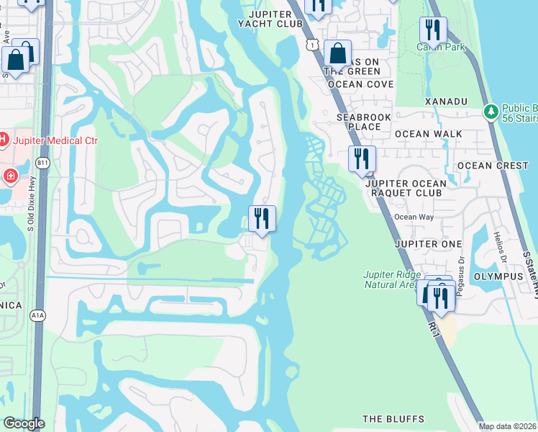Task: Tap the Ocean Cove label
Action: click(360, 84)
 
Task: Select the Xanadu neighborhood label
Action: click(446, 102)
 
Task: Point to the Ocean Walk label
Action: click(428, 134)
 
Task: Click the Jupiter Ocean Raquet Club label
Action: click(406, 188)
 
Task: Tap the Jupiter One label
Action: click(428, 244)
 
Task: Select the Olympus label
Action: click(498, 276)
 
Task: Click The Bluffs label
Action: click(393, 419)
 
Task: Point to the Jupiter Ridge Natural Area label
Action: click(390, 279)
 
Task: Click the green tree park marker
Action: click(491, 112)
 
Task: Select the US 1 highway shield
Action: click(311, 45)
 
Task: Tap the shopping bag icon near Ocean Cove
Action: click(337, 54)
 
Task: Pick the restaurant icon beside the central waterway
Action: click(262, 218)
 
